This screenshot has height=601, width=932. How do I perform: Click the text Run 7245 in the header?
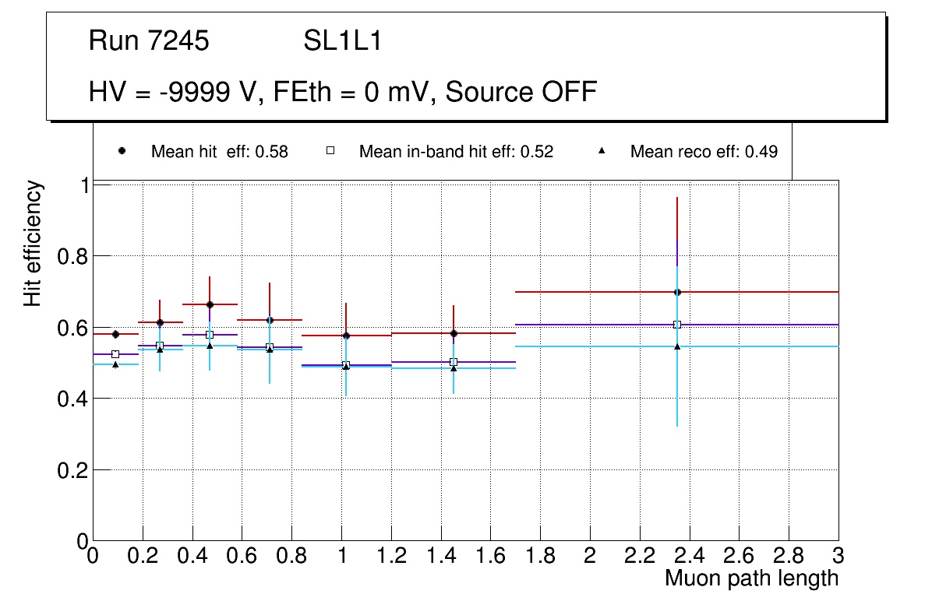click(149, 41)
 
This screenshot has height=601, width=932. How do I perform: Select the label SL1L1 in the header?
click(343, 41)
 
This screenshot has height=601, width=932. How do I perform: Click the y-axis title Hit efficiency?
click(33, 243)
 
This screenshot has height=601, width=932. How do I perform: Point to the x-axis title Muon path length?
click(751, 578)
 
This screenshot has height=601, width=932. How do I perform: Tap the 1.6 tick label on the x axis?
click(490, 556)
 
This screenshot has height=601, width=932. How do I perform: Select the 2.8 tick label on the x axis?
click(789, 556)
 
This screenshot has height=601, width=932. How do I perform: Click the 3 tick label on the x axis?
click(838, 556)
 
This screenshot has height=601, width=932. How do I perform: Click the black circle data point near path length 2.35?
click(677, 292)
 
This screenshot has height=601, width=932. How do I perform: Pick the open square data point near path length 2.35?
click(677, 325)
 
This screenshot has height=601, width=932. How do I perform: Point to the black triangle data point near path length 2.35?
click(677, 346)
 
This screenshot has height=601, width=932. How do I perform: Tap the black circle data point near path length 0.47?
click(210, 304)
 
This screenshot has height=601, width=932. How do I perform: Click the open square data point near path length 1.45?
click(454, 362)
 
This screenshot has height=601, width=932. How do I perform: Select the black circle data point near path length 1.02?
click(346, 336)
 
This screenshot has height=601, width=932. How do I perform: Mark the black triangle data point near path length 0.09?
click(115, 364)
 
